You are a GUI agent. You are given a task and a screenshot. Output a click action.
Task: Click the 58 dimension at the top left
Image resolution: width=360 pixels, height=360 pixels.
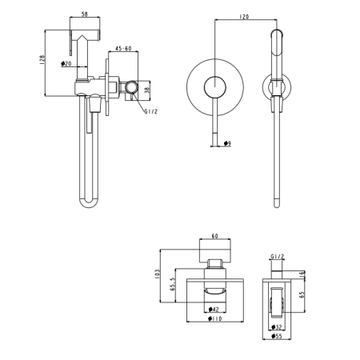tap(85, 14)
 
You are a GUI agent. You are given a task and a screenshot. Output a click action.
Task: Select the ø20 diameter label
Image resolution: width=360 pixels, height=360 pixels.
tap(66, 63)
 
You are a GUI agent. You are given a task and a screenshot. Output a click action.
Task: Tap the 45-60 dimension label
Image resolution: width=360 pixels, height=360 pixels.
tap(123, 48)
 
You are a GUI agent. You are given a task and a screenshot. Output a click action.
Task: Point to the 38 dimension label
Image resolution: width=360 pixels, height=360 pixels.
tap(147, 90)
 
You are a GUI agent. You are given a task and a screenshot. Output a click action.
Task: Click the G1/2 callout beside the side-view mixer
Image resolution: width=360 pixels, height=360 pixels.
tap(151, 111)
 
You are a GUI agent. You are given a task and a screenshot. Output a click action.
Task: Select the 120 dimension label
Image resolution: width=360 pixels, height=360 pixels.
tap(244, 17)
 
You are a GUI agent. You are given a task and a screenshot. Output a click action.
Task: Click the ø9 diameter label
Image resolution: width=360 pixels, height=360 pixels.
tap(227, 143)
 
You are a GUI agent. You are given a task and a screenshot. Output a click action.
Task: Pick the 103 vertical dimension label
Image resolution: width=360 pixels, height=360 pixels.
tap(157, 274)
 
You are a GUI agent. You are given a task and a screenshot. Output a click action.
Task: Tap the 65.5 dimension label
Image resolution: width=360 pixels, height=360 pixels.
tap(172, 284)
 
